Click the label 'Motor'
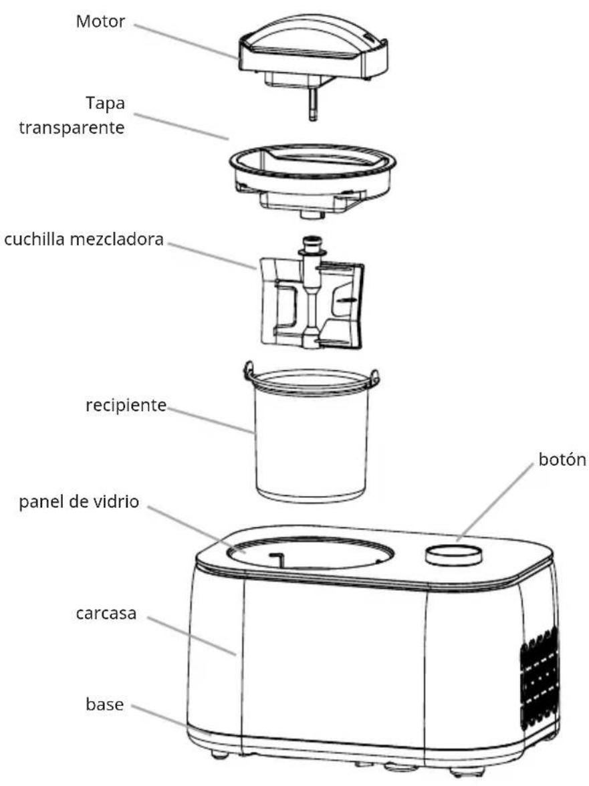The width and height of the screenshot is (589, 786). click(x=100, y=21)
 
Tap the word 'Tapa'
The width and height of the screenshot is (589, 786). click(x=105, y=104)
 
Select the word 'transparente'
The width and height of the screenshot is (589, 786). click(x=72, y=128)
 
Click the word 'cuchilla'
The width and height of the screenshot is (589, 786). click(x=35, y=239)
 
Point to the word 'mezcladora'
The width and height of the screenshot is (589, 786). click(x=116, y=239)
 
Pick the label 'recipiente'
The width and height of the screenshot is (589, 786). click(x=126, y=405)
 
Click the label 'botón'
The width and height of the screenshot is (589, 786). click(x=562, y=459)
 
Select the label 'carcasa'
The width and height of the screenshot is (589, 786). click(x=106, y=614)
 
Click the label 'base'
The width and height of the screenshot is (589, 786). click(x=105, y=704)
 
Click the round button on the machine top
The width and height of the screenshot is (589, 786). click(x=454, y=555)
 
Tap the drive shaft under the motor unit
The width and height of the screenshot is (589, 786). click(x=314, y=106)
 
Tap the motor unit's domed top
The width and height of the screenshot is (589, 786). click(x=310, y=33)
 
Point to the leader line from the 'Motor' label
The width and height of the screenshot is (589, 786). click(x=186, y=41)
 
